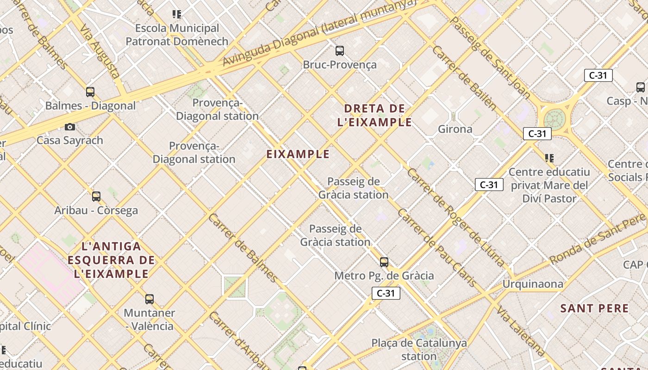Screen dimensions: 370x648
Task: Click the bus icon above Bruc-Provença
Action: [x=339, y=50]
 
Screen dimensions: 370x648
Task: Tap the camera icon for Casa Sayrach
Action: [x=70, y=127]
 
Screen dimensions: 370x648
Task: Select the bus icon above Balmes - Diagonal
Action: [x=90, y=92]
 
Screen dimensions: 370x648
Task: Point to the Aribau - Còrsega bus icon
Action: [x=96, y=197]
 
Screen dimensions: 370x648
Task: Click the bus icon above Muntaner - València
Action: [x=149, y=299]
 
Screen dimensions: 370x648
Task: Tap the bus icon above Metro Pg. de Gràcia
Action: [x=384, y=262]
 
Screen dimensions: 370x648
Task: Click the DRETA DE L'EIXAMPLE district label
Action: [x=375, y=115]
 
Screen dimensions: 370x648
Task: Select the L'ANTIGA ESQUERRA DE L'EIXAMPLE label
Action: [x=111, y=260]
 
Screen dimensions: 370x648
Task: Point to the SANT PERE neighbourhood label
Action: [x=594, y=308]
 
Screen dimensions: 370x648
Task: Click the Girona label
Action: [x=455, y=129]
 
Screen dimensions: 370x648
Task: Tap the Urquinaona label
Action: [x=533, y=284]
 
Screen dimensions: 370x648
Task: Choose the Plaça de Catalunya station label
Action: [x=419, y=350]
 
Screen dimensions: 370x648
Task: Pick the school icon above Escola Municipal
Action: [x=177, y=14]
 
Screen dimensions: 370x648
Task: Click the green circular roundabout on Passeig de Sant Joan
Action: [x=554, y=119]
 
